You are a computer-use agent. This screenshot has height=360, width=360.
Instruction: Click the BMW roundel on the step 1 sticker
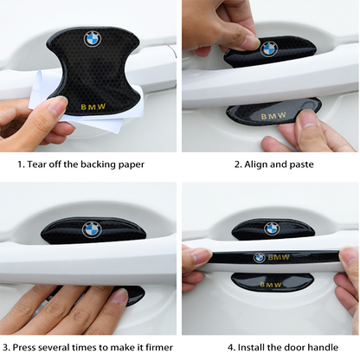point(93,39)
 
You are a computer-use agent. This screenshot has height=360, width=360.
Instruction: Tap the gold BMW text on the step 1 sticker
point(93,107)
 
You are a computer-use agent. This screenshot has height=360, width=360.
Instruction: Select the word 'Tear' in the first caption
point(36,164)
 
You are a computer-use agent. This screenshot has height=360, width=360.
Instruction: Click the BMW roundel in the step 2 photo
point(269,49)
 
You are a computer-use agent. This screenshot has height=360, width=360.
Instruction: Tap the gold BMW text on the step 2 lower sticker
point(273,116)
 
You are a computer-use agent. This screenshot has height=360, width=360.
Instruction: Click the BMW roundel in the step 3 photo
point(92,229)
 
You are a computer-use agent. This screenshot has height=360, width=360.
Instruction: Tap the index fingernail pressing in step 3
point(119,295)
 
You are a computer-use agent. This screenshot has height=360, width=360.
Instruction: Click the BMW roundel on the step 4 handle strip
point(259,258)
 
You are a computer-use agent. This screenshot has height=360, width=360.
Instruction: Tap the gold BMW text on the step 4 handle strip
point(279,257)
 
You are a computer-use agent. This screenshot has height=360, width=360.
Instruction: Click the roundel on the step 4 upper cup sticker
point(272,228)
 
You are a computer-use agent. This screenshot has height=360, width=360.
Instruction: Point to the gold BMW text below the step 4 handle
point(270,285)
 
